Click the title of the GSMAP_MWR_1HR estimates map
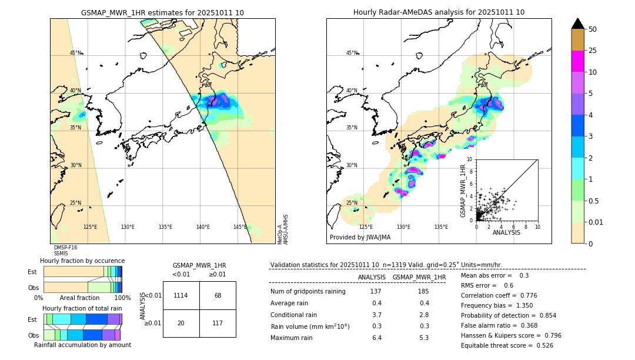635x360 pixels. (x=162, y=12)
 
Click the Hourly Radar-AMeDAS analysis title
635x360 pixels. (x=439, y=12)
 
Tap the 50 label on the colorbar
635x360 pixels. (x=593, y=29)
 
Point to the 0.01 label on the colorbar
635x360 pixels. (x=596, y=222)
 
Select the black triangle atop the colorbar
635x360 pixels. (x=578, y=24)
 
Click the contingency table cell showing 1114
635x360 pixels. (x=181, y=295)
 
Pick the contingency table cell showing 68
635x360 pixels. (x=218, y=295)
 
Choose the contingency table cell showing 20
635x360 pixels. (x=181, y=323)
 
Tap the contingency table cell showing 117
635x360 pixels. (x=218, y=323)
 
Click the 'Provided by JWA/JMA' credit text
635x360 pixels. (x=360, y=238)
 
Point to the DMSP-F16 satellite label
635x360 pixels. (x=65, y=248)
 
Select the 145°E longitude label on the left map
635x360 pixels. (x=240, y=227)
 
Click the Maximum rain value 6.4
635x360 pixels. (x=376, y=338)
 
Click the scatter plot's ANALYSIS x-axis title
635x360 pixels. (x=506, y=232)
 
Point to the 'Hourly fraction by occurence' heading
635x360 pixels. (x=82, y=261)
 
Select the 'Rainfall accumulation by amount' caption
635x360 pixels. (x=87, y=345)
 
